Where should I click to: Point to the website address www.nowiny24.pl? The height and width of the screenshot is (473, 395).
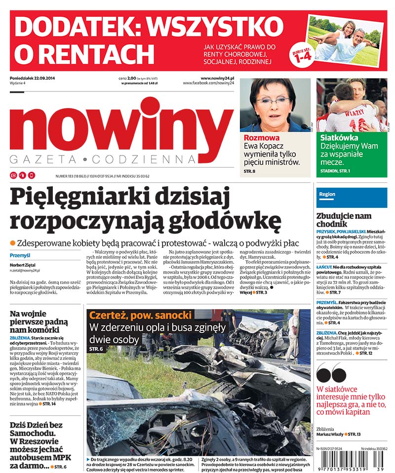[217, 78]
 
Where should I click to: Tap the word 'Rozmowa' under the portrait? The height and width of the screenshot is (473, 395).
[261, 138]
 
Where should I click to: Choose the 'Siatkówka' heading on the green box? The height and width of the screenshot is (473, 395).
[339, 138]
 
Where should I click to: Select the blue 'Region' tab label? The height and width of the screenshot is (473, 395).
[327, 195]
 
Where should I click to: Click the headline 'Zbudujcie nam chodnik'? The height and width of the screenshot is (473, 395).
[344, 220]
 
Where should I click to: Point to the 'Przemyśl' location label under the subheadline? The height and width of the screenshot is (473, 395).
[20, 255]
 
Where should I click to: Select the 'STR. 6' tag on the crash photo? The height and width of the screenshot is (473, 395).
[96, 349]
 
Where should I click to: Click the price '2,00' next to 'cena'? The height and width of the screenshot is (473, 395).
[131, 79]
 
